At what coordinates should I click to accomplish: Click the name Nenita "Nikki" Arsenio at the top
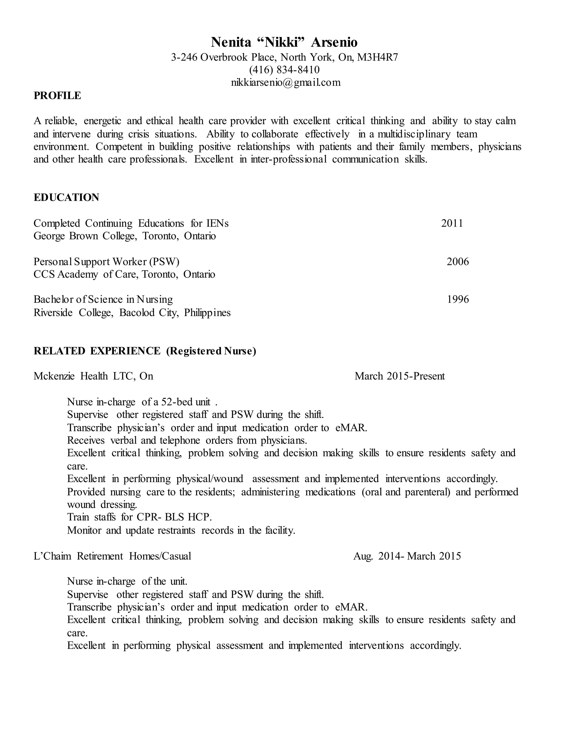tap(284, 42)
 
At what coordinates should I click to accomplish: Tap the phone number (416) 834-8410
tap(284, 70)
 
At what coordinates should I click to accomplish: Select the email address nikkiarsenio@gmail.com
tap(286, 82)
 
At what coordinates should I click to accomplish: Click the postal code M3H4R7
tap(377, 57)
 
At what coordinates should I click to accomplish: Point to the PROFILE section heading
tap(57, 96)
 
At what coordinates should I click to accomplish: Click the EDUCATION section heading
tap(66, 197)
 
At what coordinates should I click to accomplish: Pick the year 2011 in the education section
tap(452, 223)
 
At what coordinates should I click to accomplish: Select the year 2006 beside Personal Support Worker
tap(457, 262)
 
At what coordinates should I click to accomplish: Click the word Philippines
tap(207, 313)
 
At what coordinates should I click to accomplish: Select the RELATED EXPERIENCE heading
tap(97, 351)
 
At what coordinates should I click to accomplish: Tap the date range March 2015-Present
tap(400, 376)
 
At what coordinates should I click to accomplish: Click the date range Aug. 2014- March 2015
tap(407, 556)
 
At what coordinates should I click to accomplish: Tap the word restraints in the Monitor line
tap(176, 530)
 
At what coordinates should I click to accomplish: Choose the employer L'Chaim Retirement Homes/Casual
tap(112, 556)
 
